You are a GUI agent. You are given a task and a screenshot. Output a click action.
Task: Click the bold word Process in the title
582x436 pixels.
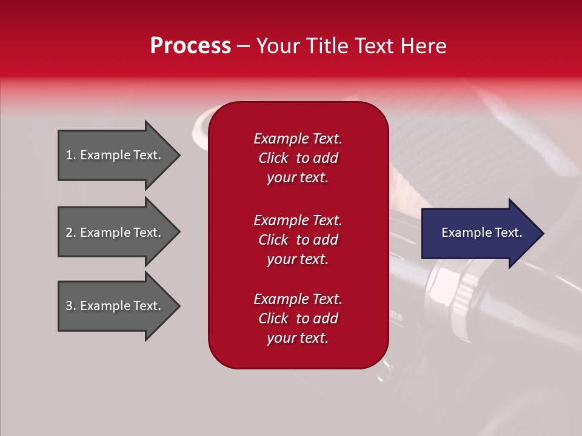click(x=190, y=46)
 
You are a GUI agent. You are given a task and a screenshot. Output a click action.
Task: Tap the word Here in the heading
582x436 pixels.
click(x=423, y=46)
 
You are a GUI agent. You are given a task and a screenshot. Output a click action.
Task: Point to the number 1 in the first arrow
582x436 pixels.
click(x=69, y=155)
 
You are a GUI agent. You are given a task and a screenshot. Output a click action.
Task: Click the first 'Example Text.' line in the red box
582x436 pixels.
click(x=298, y=139)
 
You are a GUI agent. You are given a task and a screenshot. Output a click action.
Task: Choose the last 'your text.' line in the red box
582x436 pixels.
click(x=298, y=339)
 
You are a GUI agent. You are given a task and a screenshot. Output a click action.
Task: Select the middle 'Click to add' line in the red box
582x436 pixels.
click(x=298, y=240)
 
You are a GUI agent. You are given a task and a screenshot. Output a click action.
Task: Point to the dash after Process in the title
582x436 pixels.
click(x=243, y=47)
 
